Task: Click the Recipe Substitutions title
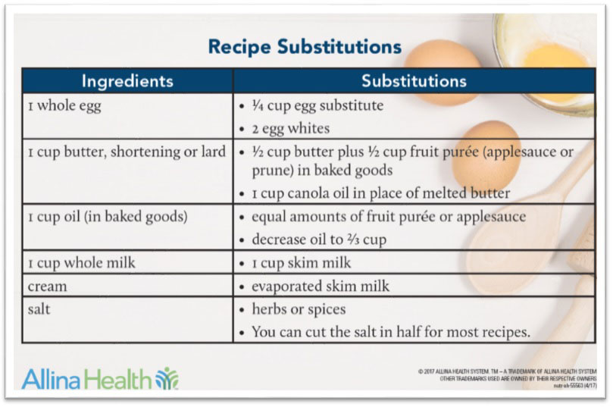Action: click(x=305, y=47)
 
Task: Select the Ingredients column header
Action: click(x=127, y=81)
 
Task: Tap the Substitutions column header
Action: click(x=414, y=81)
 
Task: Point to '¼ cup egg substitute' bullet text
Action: click(x=317, y=105)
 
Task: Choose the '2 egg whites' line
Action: click(x=290, y=129)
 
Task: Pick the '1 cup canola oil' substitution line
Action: click(x=381, y=193)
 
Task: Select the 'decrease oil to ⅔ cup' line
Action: click(x=319, y=240)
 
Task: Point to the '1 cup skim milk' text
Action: click(x=302, y=263)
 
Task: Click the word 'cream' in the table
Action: click(x=47, y=286)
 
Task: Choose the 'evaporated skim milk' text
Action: click(x=321, y=286)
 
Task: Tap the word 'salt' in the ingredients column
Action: click(x=39, y=309)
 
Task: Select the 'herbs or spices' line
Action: click(x=299, y=309)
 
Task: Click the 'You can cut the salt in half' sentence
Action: click(x=391, y=332)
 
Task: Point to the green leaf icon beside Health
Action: click(x=167, y=378)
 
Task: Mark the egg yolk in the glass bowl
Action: click(x=555, y=57)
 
